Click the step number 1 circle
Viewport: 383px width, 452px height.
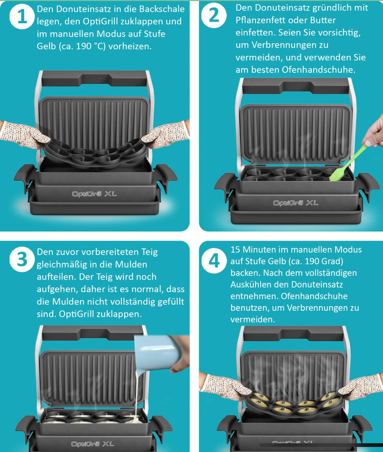(22, 17)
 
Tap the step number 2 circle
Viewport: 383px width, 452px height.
(214, 15)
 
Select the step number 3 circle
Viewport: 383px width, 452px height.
(22, 259)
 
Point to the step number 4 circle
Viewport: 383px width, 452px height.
(214, 261)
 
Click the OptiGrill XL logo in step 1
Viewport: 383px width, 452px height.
(94, 194)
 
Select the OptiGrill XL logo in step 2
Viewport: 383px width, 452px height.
(296, 203)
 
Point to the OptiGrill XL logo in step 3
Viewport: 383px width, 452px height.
(93, 444)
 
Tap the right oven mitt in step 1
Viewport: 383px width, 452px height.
(165, 134)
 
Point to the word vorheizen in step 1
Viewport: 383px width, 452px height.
(130, 46)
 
